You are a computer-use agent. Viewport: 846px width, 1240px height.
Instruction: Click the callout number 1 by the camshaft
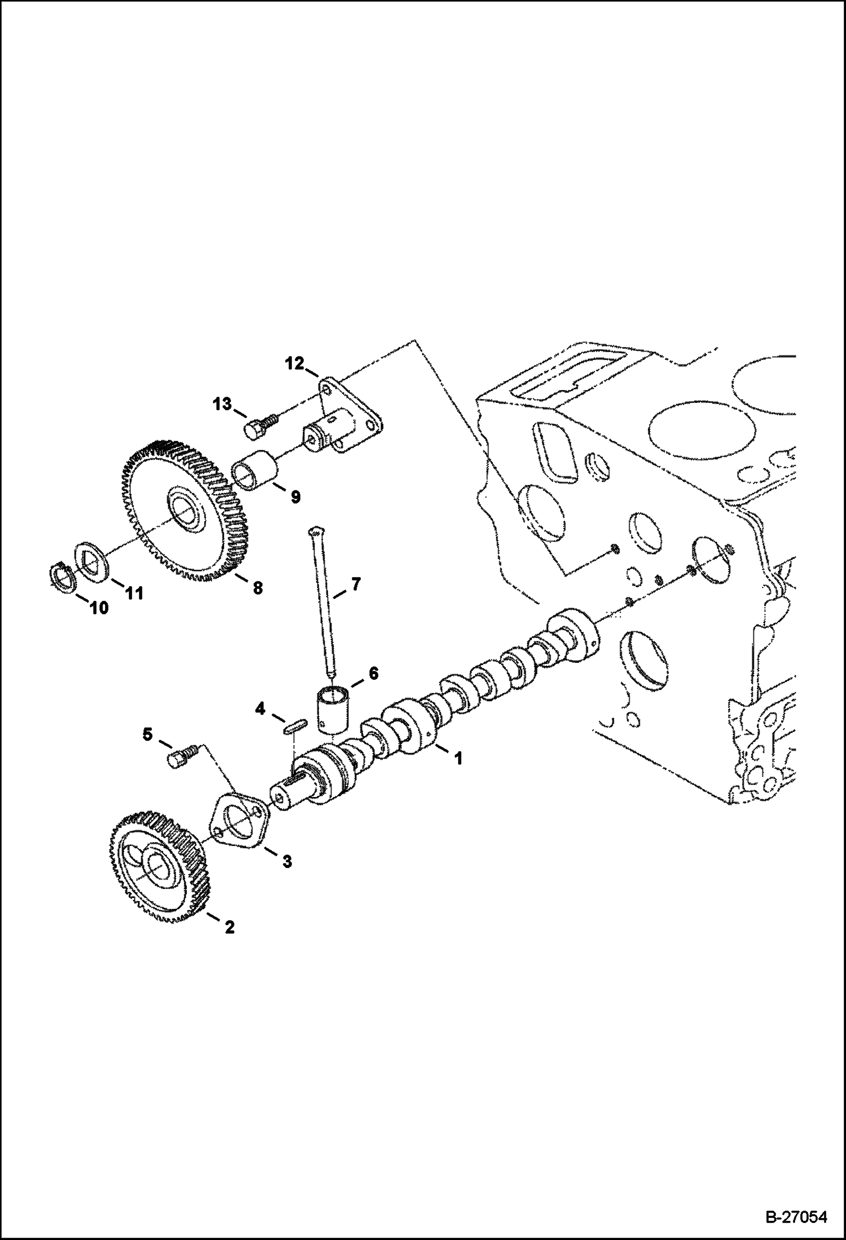(458, 758)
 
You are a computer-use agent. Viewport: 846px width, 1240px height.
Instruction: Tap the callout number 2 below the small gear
(229, 943)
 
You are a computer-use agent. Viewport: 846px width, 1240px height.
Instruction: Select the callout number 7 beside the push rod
(355, 584)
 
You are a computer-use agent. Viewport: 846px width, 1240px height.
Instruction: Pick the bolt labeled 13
(258, 426)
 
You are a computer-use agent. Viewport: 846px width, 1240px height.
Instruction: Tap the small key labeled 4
(294, 726)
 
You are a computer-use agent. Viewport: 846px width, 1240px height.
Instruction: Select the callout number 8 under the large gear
(258, 589)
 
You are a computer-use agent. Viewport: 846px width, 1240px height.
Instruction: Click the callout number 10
(97, 608)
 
